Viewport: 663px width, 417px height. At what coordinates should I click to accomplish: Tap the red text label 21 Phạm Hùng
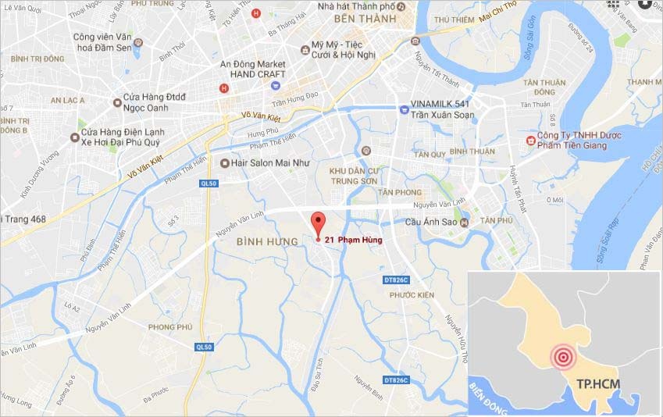pyautogui.click(x=353, y=241)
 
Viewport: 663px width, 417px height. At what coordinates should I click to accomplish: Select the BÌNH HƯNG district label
pyautogui.click(x=267, y=242)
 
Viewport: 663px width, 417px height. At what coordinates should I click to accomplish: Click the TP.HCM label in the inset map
pyautogui.click(x=595, y=385)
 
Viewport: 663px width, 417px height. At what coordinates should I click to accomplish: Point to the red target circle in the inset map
pyautogui.click(x=563, y=358)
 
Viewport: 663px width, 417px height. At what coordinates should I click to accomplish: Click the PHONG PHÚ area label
pyautogui.click(x=169, y=326)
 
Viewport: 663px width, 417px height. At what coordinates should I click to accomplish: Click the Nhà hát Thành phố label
pyautogui.click(x=355, y=6)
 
